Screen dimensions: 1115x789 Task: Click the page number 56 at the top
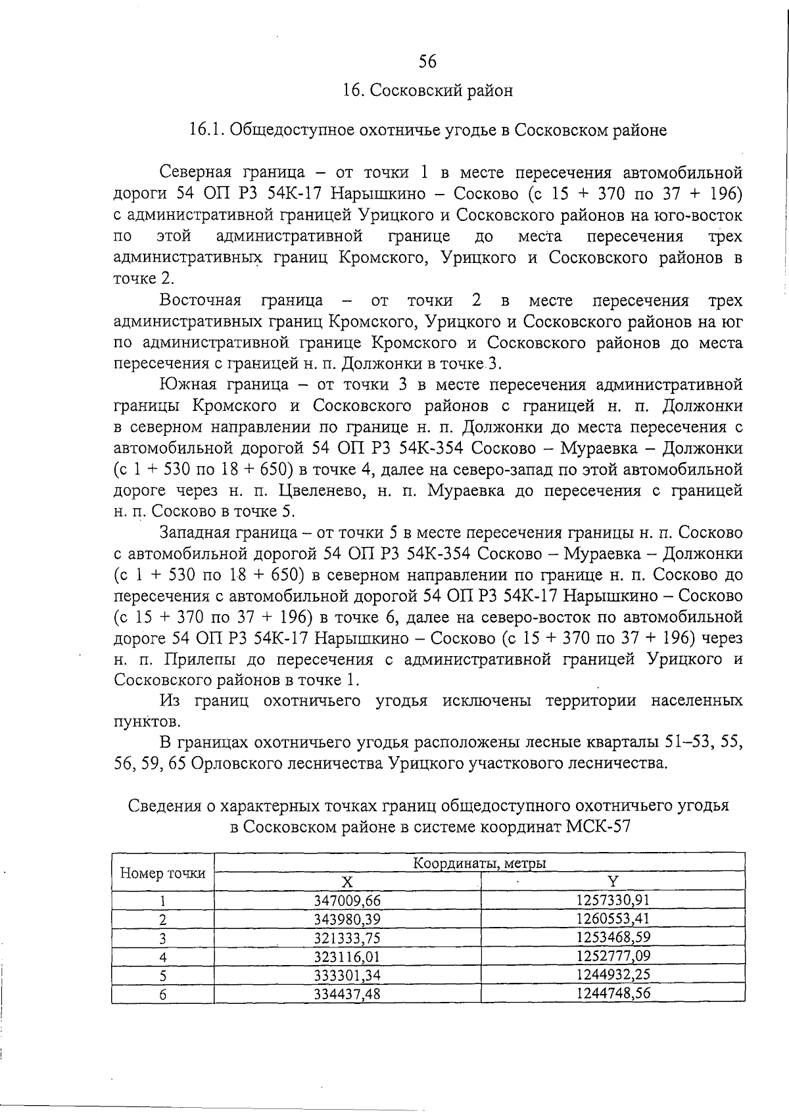click(x=427, y=62)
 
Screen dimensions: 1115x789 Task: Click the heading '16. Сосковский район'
click(x=427, y=90)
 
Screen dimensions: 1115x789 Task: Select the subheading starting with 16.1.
click(x=427, y=130)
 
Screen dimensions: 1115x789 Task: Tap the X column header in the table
click(x=347, y=882)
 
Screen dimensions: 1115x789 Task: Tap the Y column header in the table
click(x=613, y=882)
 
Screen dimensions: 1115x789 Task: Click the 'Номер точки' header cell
click(x=162, y=872)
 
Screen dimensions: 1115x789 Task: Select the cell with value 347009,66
click(x=347, y=900)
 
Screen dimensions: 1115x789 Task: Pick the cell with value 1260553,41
click(x=613, y=918)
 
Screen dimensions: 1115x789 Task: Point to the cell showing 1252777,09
click(x=613, y=955)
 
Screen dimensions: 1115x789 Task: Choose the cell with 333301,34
click(x=347, y=974)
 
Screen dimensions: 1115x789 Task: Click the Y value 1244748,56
click(x=613, y=993)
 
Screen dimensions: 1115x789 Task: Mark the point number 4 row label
click(x=162, y=956)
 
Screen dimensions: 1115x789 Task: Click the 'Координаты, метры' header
click(x=480, y=863)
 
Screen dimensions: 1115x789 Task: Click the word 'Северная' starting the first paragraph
click(x=195, y=173)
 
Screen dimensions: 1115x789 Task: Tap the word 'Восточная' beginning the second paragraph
click(x=200, y=300)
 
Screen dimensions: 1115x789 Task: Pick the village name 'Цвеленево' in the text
click(x=318, y=490)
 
